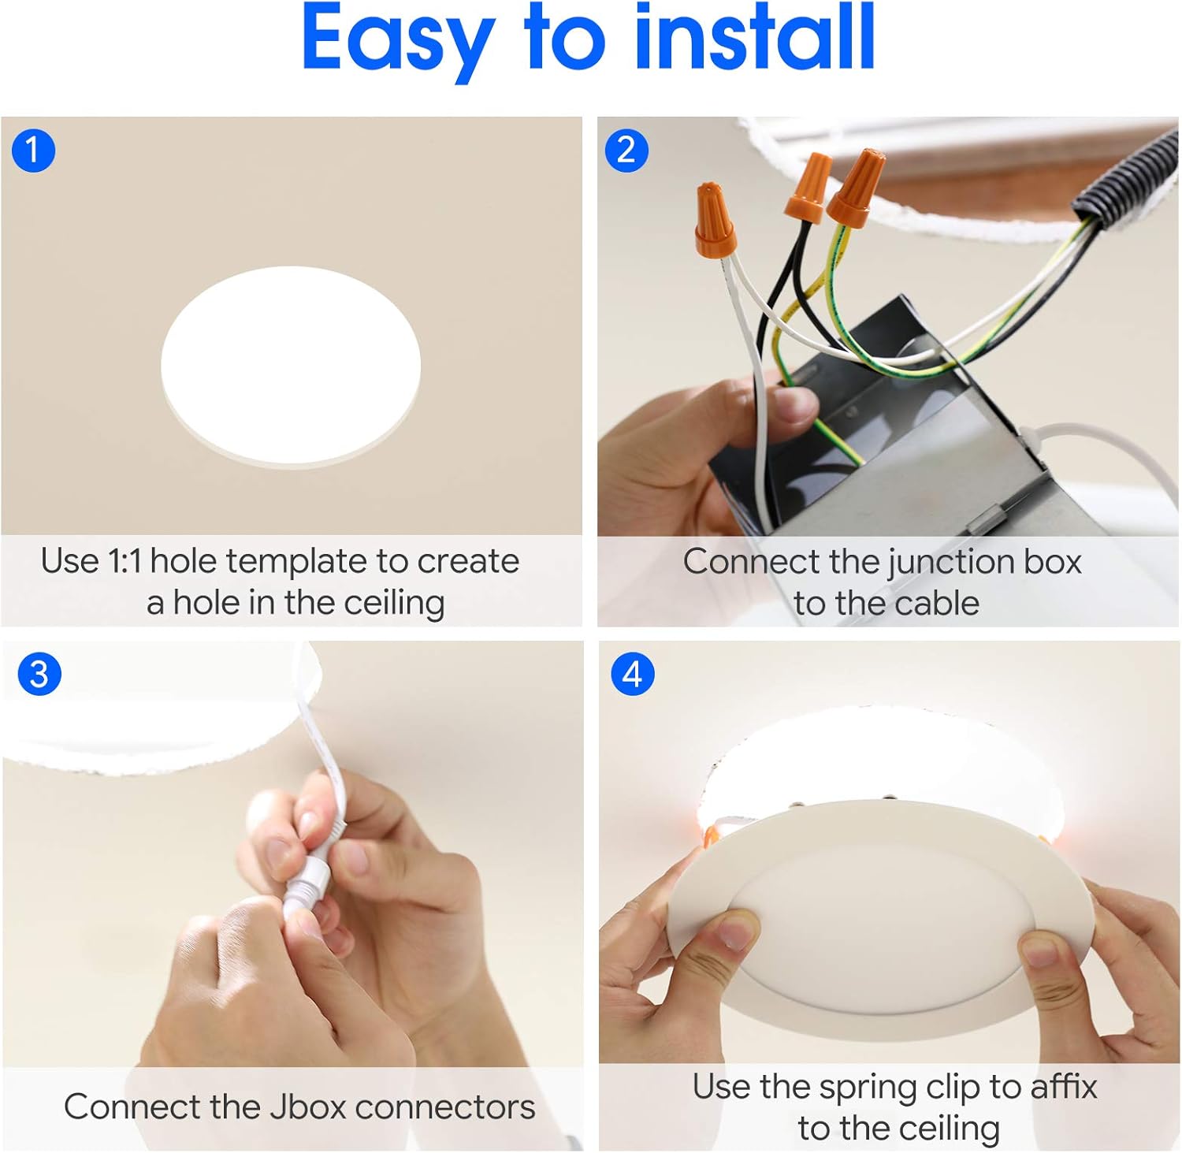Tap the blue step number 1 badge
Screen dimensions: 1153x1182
coord(33,150)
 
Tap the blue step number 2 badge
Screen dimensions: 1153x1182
coord(626,150)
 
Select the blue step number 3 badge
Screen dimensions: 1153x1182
coord(39,674)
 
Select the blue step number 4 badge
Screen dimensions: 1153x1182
coord(632,674)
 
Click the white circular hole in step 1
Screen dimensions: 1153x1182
coord(290,364)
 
